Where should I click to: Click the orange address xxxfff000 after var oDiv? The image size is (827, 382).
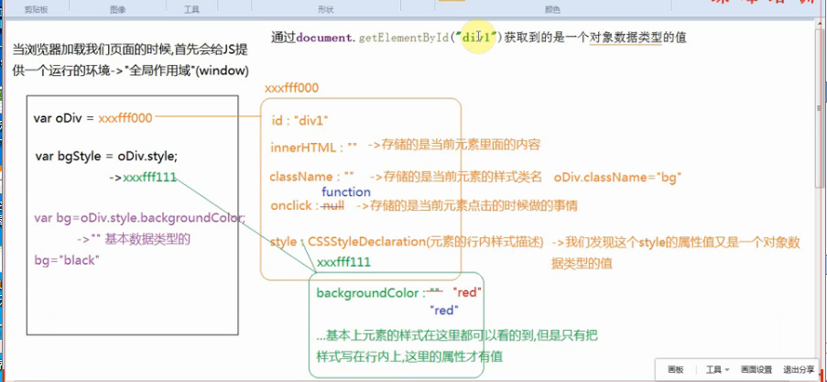click(125, 118)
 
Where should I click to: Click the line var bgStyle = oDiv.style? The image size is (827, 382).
click(106, 156)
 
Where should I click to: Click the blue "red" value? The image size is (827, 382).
click(445, 311)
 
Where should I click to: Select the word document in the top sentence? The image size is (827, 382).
click(326, 38)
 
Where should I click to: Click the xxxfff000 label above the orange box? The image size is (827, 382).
click(291, 88)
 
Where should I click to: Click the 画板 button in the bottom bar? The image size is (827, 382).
click(675, 369)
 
